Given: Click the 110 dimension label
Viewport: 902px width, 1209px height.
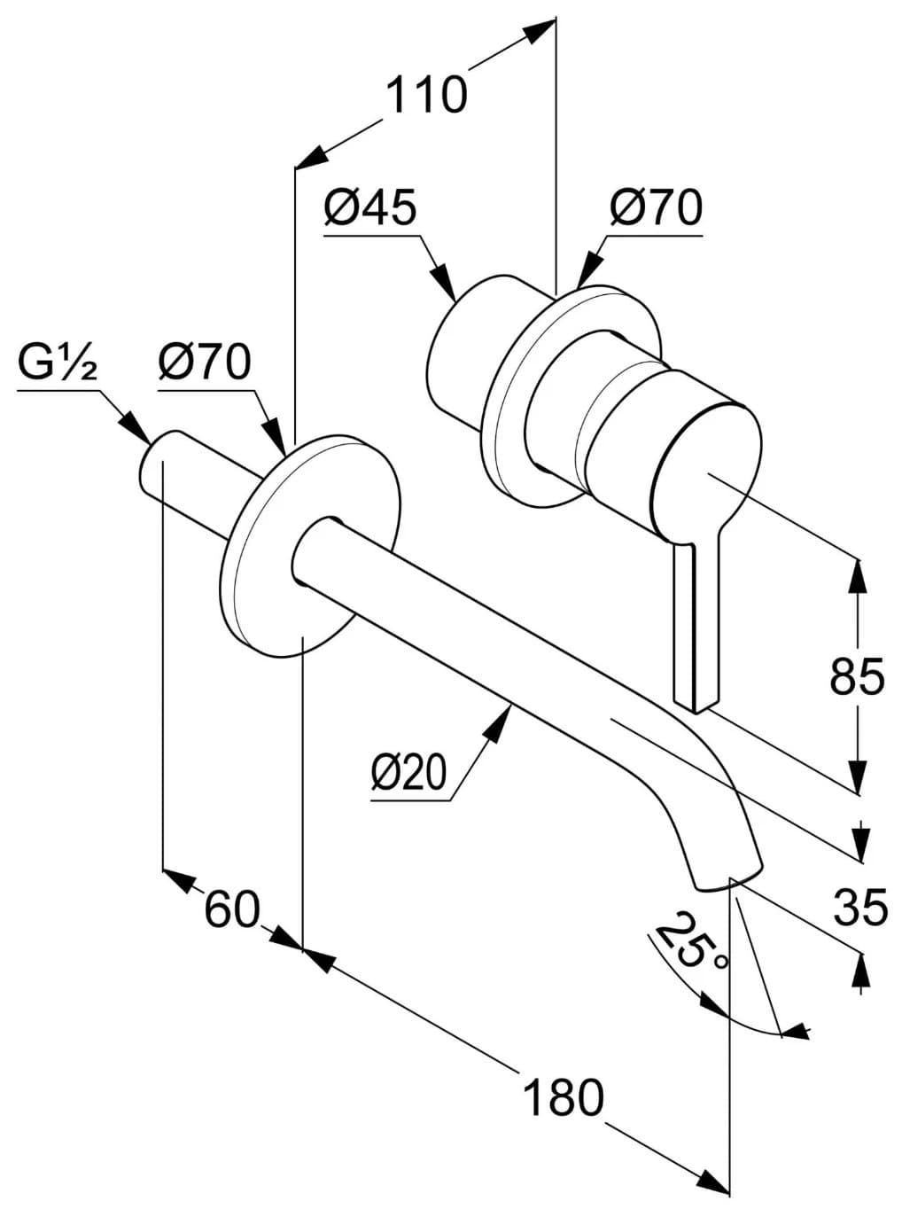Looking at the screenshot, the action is tap(426, 96).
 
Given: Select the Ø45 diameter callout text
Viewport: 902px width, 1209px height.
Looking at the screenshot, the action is tap(370, 208).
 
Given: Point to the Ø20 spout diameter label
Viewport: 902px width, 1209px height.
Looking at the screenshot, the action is tap(408, 771).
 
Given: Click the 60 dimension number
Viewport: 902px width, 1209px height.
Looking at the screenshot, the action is tap(231, 909).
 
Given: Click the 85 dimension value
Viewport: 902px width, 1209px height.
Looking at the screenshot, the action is tap(857, 675).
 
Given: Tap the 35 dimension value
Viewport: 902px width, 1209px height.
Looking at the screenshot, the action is tap(860, 907).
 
